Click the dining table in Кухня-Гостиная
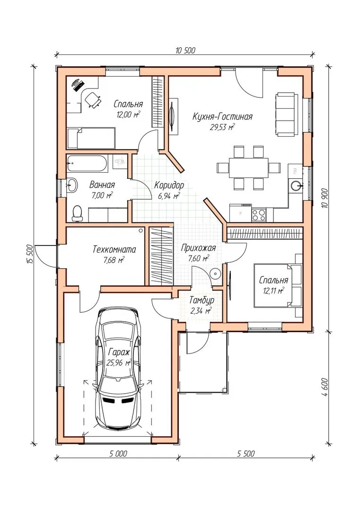coord(248,167)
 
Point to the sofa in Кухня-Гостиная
coord(287,115)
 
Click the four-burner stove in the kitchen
coord(259,214)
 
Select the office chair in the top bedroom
coord(92,99)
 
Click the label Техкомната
coord(114,250)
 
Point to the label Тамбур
coord(202,300)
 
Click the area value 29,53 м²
coord(222,127)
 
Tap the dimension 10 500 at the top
coord(185,50)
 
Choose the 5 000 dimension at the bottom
coord(117,453)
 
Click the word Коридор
coord(169,185)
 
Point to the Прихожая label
coord(198,248)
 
